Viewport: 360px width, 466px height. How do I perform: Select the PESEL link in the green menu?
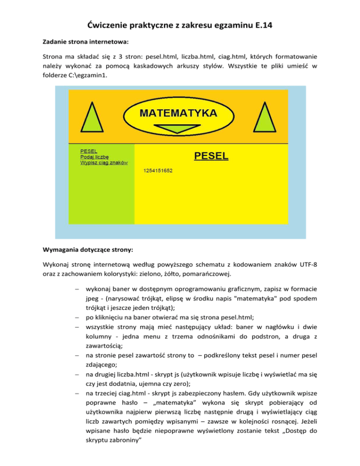click(89, 151)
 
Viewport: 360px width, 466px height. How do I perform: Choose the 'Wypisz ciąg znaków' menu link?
click(104, 163)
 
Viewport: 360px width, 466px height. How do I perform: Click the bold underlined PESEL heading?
click(211, 156)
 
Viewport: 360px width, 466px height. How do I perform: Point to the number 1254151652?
click(157, 171)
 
